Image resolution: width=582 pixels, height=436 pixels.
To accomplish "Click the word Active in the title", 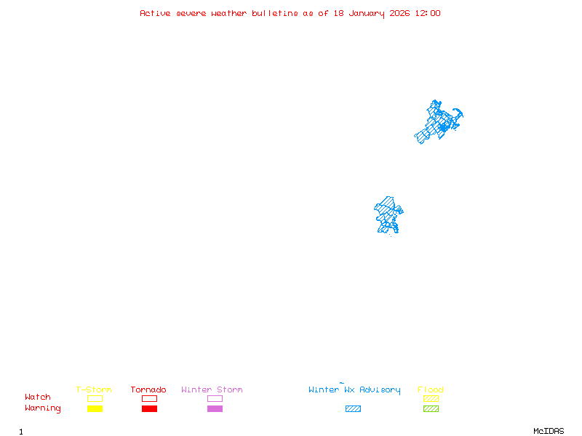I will click(x=155, y=13).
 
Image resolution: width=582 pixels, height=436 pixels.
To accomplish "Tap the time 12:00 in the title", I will click(x=427, y=13).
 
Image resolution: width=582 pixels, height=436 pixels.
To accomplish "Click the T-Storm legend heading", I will click(x=94, y=389).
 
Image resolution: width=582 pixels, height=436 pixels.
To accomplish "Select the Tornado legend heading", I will click(x=148, y=389).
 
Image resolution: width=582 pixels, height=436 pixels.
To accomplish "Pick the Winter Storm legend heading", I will click(x=212, y=389).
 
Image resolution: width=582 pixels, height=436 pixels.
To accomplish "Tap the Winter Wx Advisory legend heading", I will click(x=354, y=389).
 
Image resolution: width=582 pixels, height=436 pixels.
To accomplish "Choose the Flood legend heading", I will click(x=431, y=389).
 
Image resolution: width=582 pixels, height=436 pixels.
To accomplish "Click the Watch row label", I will click(x=38, y=397).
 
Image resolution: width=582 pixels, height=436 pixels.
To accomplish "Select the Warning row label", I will click(x=43, y=408).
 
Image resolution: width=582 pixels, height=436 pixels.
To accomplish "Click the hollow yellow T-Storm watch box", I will click(x=95, y=398).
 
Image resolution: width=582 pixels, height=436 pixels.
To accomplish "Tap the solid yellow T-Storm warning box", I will click(x=95, y=409).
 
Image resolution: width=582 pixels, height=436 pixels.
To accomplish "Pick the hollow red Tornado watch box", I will click(x=149, y=398).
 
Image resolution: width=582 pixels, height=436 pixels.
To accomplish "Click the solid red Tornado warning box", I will click(x=149, y=409).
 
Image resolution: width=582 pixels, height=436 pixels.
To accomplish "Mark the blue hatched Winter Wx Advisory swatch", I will click(x=353, y=409).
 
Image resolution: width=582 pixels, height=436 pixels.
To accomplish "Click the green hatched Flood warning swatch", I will click(x=431, y=409).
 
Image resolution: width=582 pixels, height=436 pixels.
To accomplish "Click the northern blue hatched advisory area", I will click(x=439, y=122).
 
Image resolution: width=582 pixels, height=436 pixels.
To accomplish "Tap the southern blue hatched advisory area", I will click(x=387, y=214).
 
